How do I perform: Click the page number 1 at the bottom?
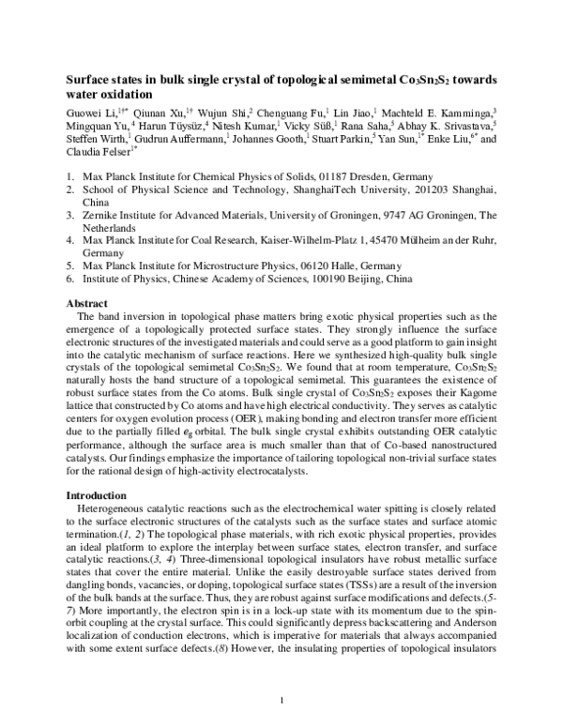281,700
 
